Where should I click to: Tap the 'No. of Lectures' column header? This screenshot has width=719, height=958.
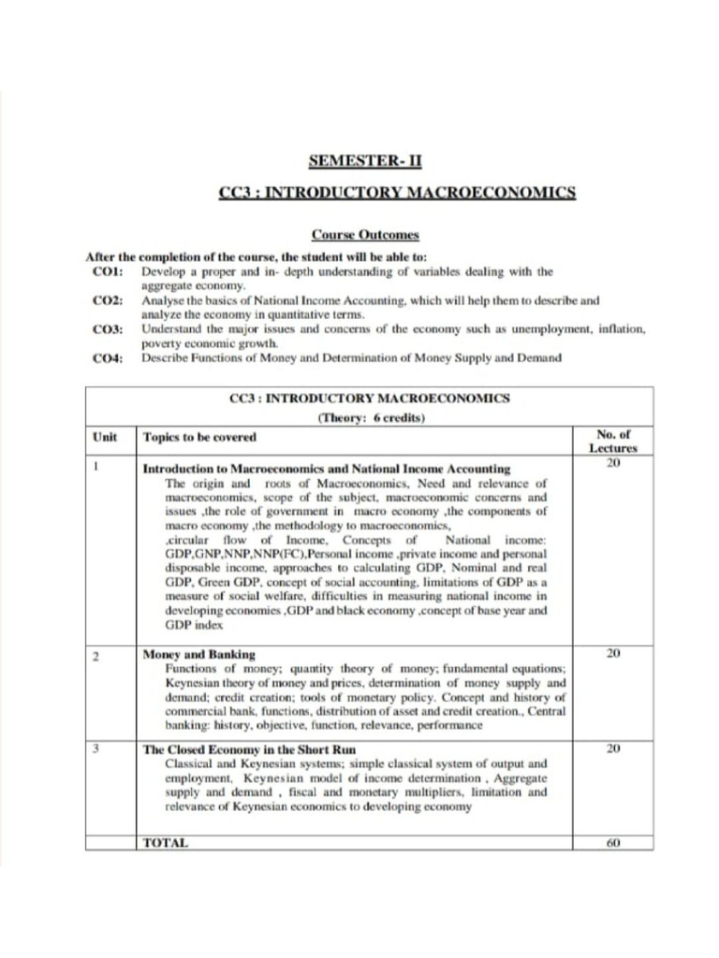tap(613, 441)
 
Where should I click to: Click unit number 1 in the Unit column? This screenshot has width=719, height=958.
tap(96, 466)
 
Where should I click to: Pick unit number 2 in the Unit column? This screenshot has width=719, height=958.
tap(96, 655)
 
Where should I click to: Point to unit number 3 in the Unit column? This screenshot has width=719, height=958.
tap(96, 748)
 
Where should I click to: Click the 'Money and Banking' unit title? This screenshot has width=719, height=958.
tap(198, 654)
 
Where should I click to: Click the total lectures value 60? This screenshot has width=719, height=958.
tap(613, 843)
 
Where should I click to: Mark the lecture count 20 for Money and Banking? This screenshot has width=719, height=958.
tap(613, 654)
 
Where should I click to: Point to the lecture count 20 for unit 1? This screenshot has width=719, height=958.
tap(613, 462)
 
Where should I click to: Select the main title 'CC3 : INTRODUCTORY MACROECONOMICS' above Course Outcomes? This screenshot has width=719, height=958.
tap(397, 194)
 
